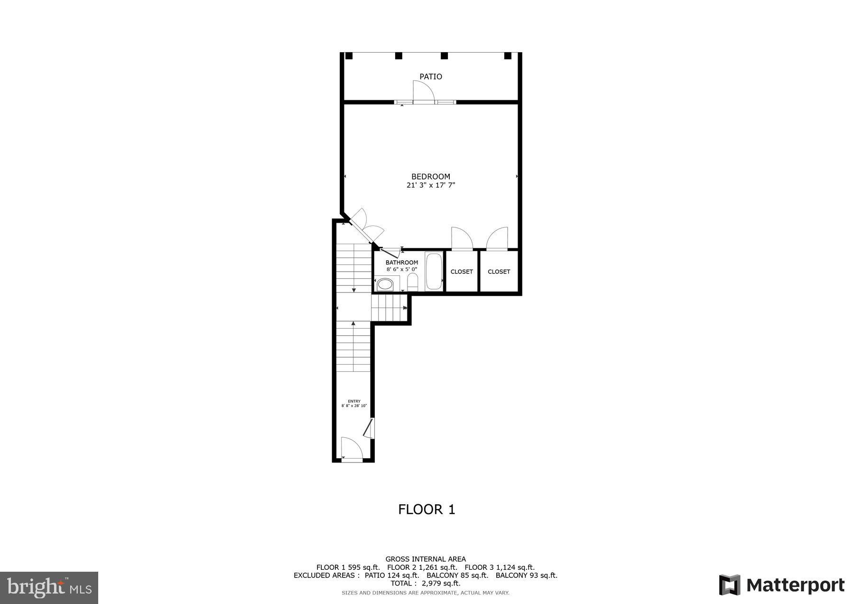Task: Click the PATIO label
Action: [431, 76]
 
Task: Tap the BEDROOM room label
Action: [431, 177]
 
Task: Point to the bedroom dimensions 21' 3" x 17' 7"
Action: [431, 185]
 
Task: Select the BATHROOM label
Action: [402, 263]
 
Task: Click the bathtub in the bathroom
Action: [434, 272]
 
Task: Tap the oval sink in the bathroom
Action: [385, 284]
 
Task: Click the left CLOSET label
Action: [462, 272]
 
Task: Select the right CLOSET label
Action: [499, 272]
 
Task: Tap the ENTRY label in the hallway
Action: [354, 401]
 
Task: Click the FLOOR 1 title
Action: [427, 510]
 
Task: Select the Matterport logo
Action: [782, 585]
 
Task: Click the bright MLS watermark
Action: [49, 588]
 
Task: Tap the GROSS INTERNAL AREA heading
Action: [426, 559]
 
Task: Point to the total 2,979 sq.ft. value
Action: [441, 583]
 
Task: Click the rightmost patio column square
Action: [508, 56]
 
